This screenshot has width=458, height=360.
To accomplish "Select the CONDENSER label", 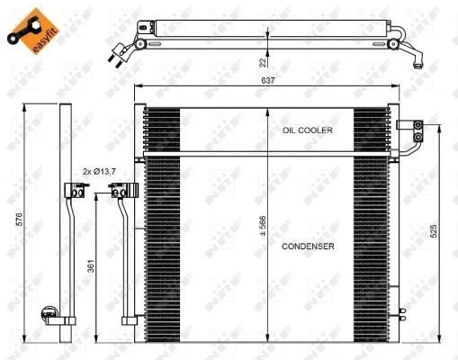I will [308, 246].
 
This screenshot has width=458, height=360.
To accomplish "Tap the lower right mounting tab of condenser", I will [399, 315].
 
